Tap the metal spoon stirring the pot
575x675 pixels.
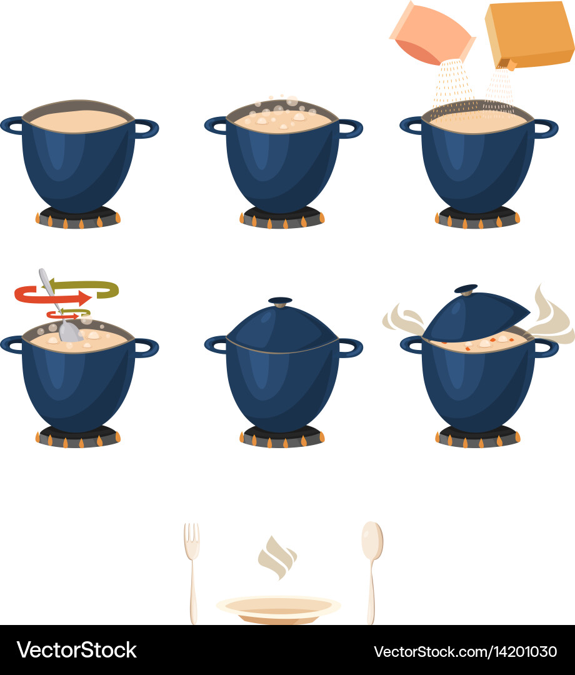[62, 312]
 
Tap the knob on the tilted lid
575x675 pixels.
[466, 289]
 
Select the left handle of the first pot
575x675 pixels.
[11, 125]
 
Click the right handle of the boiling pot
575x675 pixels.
[351, 128]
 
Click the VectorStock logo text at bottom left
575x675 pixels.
[76, 650]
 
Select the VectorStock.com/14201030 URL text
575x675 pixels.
[465, 651]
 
